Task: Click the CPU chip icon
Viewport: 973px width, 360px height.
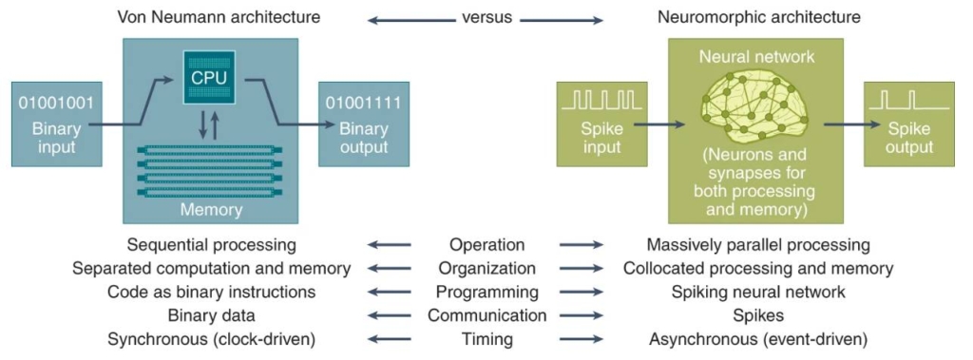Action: [210, 77]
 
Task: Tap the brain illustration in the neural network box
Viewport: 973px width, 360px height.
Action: [754, 104]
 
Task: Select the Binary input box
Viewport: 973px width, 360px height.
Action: [56, 124]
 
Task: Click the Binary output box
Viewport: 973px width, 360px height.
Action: [364, 124]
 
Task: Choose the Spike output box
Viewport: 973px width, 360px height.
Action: [909, 124]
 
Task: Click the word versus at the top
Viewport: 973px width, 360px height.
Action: [487, 17]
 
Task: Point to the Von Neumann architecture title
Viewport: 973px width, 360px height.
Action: [219, 17]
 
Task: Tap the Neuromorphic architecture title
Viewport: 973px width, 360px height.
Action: [759, 17]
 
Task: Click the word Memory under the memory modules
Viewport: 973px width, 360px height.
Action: [211, 210]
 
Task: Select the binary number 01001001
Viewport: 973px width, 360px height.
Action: [56, 103]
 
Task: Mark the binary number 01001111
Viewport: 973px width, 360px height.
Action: [364, 103]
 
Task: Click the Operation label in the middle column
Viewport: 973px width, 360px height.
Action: [487, 244]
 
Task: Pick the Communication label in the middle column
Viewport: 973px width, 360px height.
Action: [487, 316]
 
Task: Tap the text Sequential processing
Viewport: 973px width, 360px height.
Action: [212, 245]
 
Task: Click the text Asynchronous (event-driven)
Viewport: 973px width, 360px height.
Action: [758, 340]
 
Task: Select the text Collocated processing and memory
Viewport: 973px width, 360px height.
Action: [758, 269]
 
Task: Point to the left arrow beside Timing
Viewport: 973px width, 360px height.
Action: [389, 339]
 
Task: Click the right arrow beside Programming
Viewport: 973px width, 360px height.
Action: [582, 293]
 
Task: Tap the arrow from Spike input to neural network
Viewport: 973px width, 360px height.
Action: [659, 124]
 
